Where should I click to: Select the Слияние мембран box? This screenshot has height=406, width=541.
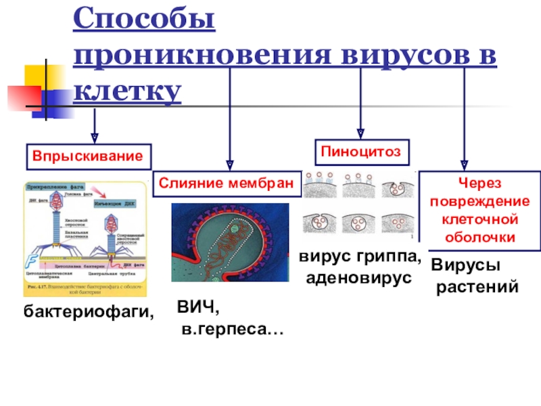point(227,183)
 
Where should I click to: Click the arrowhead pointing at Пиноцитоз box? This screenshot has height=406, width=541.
point(360,132)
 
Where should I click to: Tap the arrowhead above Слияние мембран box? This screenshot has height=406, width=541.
point(231,164)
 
